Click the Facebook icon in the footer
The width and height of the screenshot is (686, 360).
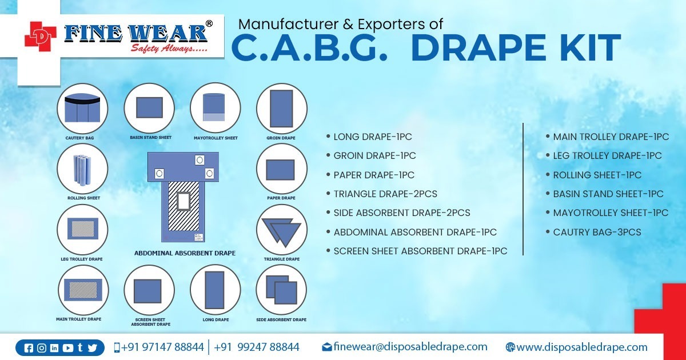(29, 348)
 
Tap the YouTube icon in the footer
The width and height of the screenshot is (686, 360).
(67, 348)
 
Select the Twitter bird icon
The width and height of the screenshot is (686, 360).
(92, 348)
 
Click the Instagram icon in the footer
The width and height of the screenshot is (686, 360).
(42, 348)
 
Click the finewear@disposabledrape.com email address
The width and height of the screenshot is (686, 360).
(410, 347)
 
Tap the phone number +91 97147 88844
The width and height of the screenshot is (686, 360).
(162, 347)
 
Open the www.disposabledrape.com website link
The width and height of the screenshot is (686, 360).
(581, 347)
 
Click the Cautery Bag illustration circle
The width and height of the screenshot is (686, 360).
(82, 109)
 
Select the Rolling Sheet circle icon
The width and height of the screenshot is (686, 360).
(82, 169)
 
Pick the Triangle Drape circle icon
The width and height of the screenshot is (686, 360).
(282, 230)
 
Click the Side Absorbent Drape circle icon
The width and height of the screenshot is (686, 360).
(281, 290)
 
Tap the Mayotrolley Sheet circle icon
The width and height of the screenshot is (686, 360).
(216, 108)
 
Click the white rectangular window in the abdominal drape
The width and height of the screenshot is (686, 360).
(184, 201)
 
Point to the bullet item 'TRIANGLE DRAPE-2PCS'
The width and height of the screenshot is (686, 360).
(385, 194)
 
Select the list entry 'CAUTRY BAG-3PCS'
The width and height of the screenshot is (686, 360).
(597, 233)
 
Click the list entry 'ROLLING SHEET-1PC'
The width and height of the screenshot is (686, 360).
(597, 175)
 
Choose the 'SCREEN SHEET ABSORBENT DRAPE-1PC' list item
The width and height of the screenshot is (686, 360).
(420, 251)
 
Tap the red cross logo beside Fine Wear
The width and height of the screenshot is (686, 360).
(40, 37)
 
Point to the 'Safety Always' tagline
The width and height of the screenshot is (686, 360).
(169, 49)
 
